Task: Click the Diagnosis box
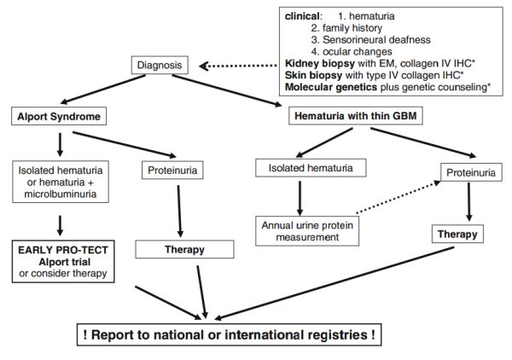(x=160, y=65)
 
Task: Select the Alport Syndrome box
(x=59, y=116)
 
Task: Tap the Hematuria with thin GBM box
(x=356, y=115)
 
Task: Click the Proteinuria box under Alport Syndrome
(x=172, y=170)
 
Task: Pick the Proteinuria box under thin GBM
(x=471, y=172)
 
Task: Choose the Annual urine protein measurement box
(x=307, y=230)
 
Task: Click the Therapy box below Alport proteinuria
(x=185, y=249)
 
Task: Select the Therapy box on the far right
(x=457, y=234)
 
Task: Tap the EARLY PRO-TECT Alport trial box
(x=63, y=261)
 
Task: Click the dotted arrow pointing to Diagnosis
(x=238, y=66)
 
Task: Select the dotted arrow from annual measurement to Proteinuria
(x=399, y=197)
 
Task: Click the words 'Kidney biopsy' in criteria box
(x=320, y=63)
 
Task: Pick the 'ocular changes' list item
(x=358, y=51)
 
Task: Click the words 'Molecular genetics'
(x=331, y=87)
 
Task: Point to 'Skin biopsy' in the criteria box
(x=313, y=75)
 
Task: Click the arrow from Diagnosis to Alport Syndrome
(x=103, y=90)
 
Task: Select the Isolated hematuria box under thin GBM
(x=311, y=168)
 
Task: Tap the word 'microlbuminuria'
(x=61, y=194)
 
